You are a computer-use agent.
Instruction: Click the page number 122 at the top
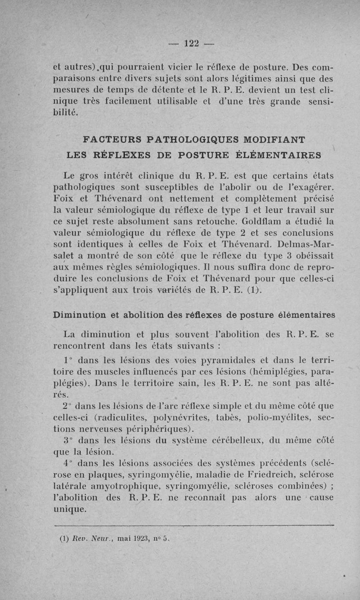(191, 43)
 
